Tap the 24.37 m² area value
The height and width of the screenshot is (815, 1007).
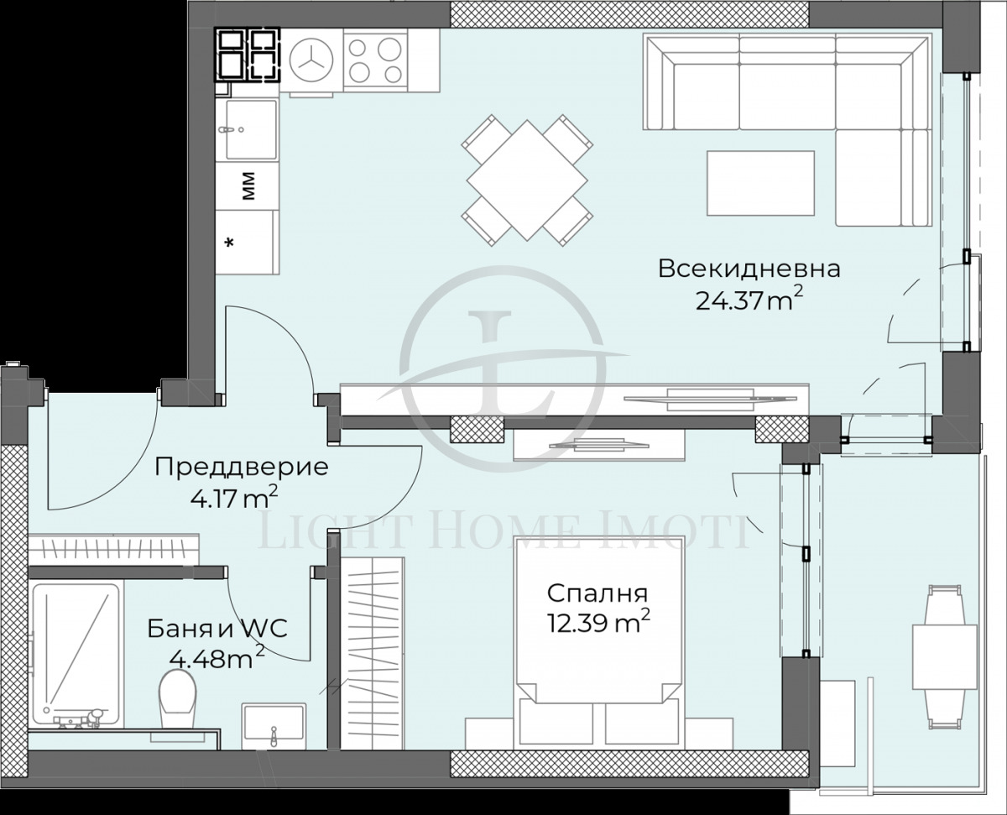click(744, 300)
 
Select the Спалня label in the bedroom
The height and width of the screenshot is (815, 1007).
click(597, 593)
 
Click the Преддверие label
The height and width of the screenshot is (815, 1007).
click(242, 468)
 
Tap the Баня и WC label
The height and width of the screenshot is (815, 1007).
click(217, 628)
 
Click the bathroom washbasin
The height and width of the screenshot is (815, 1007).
click(274, 723)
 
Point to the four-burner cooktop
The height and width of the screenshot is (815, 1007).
click(374, 60)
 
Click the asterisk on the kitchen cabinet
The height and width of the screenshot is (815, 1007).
click(230, 243)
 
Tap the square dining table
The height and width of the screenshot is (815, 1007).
click(525, 180)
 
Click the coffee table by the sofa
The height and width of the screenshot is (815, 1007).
click(760, 183)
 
